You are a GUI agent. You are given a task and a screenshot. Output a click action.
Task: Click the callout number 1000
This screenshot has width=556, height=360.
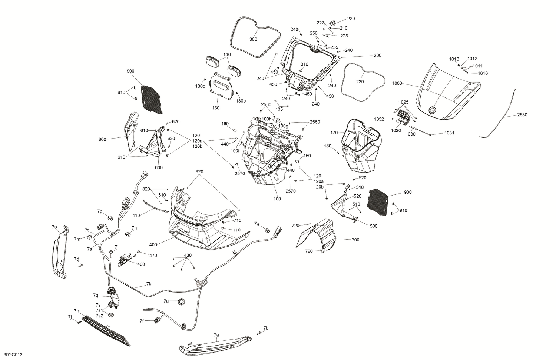click(397, 84)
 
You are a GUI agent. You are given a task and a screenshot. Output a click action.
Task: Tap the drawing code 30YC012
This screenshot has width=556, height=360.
click(12, 354)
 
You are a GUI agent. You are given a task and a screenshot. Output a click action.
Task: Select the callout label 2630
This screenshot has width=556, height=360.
click(522, 115)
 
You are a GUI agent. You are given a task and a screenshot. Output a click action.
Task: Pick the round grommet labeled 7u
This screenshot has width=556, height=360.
click(182, 302)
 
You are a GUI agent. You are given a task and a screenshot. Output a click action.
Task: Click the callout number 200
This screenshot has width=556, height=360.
click(377, 56)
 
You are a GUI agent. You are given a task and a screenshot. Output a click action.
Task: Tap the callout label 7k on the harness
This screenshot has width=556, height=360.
click(149, 284)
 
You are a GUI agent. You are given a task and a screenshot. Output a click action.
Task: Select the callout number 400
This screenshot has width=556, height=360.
click(153, 245)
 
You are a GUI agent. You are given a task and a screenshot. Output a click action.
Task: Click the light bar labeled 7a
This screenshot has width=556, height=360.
click(215, 344)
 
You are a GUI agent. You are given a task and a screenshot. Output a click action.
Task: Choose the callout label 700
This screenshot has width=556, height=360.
click(355, 240)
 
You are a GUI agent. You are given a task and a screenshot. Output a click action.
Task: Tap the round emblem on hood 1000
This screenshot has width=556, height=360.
click(432, 110)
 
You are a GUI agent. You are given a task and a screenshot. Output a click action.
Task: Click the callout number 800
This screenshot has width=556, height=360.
click(102, 139)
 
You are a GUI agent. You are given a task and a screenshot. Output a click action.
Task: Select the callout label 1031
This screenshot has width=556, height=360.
click(449, 133)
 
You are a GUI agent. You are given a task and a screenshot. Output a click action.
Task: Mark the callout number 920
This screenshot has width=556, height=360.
click(199, 172)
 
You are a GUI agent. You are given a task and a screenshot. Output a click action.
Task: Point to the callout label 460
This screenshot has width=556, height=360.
click(141, 264)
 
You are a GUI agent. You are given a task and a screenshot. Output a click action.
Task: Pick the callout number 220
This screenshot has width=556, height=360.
click(351, 19)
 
